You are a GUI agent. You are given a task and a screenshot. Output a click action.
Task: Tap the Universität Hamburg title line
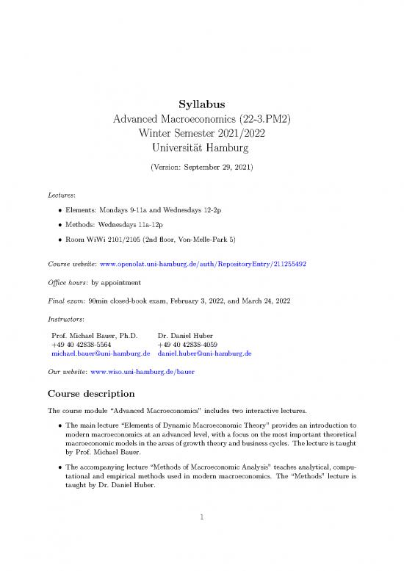(201, 148)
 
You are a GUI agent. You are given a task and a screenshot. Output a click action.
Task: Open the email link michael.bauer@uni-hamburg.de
(95, 353)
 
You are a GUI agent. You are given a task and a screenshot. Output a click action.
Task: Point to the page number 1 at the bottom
(201, 525)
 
